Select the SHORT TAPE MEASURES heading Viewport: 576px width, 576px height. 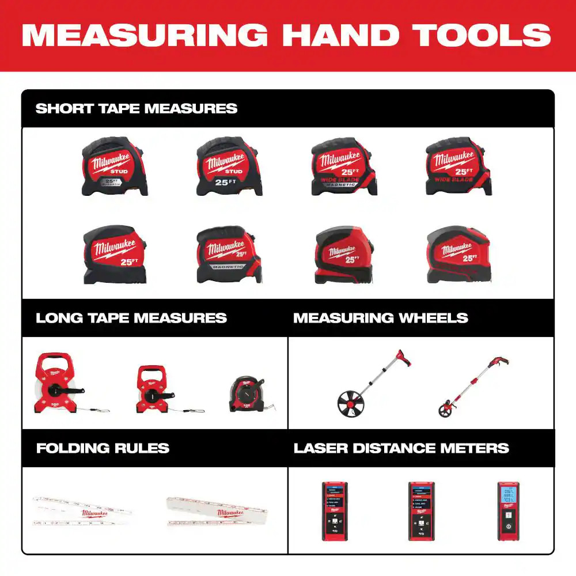(x=137, y=108)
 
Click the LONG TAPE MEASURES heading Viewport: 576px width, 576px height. (x=131, y=318)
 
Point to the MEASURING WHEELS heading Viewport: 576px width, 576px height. (x=381, y=318)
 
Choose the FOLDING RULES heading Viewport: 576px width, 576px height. (x=103, y=448)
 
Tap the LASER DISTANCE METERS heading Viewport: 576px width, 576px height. (x=401, y=448)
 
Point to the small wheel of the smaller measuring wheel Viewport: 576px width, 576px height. (x=445, y=410)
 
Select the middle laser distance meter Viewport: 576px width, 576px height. (x=421, y=511)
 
